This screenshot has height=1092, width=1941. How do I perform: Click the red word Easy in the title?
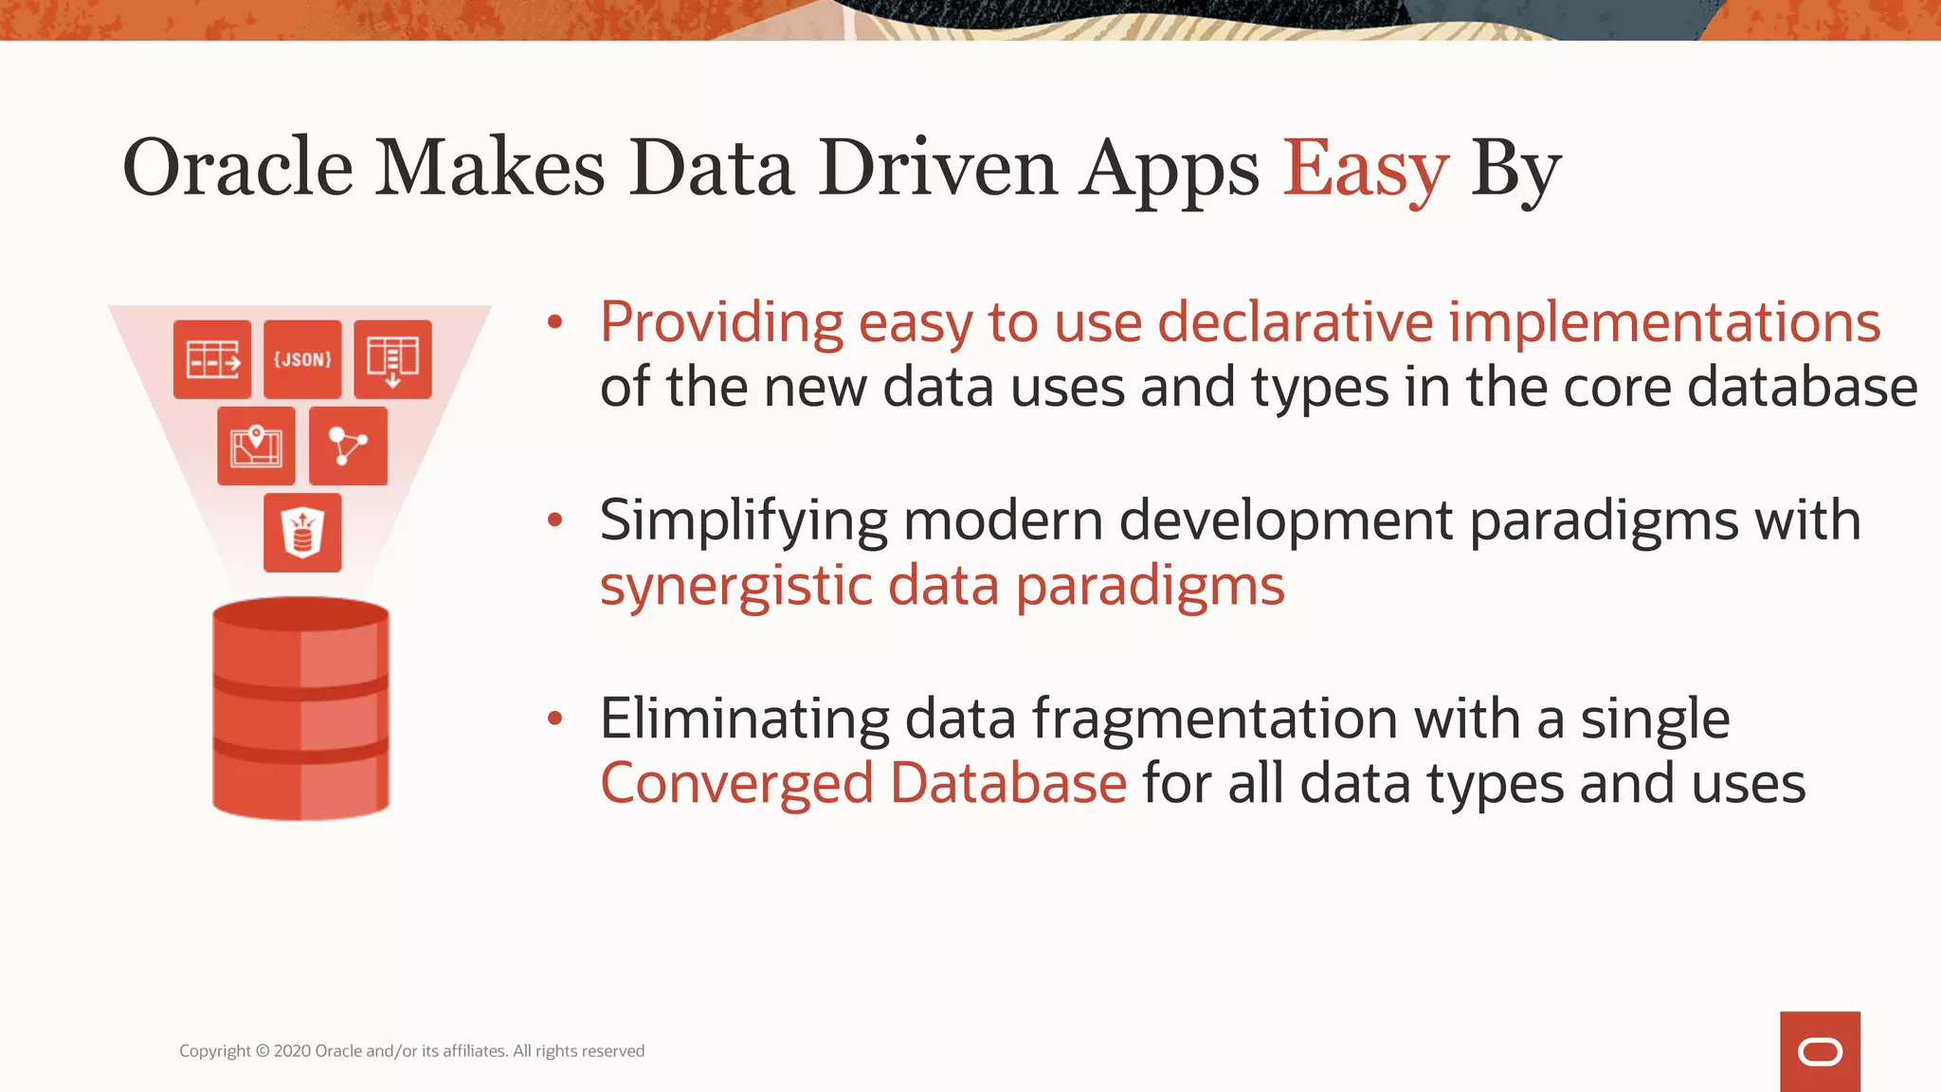point(1365,169)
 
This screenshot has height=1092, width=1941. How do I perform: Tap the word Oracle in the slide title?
point(238,169)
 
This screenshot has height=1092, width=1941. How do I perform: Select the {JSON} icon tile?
point(302,359)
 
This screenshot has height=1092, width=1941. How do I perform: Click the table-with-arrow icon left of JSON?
point(212,359)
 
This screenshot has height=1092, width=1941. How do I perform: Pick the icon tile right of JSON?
point(392,359)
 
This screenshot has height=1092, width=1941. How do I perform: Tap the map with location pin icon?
point(256,446)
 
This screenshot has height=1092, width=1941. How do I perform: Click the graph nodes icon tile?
point(348,446)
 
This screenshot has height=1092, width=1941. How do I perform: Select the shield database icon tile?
point(302,533)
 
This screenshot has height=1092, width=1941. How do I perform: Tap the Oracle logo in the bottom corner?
point(1820,1051)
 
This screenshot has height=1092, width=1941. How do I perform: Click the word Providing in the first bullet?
point(721,322)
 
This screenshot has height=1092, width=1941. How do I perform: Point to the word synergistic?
point(735,586)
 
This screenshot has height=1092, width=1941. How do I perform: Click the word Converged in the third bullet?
point(736,784)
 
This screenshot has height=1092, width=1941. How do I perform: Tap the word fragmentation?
point(1214,719)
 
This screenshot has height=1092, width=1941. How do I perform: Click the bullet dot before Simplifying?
point(555,519)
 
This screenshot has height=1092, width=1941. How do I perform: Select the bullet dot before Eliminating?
point(555,719)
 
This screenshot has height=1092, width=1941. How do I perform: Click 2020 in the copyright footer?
point(292,1051)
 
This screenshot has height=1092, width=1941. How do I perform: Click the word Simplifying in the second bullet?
point(744,520)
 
